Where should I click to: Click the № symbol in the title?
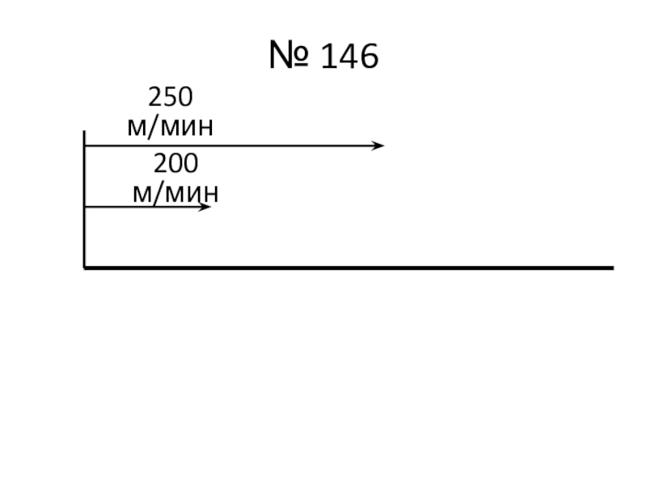[x=285, y=57]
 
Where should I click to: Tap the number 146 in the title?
[x=349, y=57]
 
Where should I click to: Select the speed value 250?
[x=170, y=99]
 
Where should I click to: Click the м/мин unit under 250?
[x=171, y=126]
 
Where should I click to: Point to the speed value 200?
[x=175, y=165]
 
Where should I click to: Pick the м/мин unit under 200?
[x=175, y=193]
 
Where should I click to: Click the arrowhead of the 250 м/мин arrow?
[x=378, y=145]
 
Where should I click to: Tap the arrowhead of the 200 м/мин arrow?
[x=205, y=207]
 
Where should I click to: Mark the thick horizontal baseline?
[x=348, y=267]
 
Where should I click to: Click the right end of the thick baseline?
[x=611, y=267]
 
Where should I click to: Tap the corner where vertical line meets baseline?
[x=84, y=267]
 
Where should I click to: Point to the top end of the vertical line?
[x=84, y=132]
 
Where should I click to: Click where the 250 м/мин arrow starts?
[x=86, y=145]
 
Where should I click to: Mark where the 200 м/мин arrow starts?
[x=86, y=207]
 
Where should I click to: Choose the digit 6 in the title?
[x=368, y=57]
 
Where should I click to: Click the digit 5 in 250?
[x=170, y=99]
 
